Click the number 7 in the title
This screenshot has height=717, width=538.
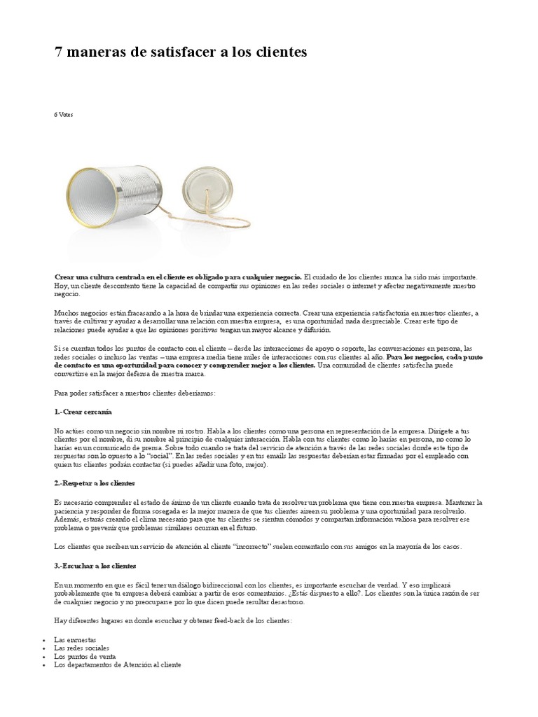pos(60,53)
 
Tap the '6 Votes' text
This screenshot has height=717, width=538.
pos(63,114)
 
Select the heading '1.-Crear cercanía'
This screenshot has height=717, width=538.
pos(83,412)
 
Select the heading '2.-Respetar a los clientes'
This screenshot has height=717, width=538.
pos(95,484)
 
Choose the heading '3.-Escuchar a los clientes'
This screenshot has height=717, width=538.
pos(95,565)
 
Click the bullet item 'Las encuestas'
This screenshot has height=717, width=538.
pos(75,641)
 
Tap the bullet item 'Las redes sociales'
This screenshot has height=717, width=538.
pos(82,648)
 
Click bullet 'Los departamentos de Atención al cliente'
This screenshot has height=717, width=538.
pos(118,664)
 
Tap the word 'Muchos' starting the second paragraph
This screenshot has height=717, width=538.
pos(67,313)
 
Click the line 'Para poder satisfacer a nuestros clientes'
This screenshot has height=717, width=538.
pos(134,394)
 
